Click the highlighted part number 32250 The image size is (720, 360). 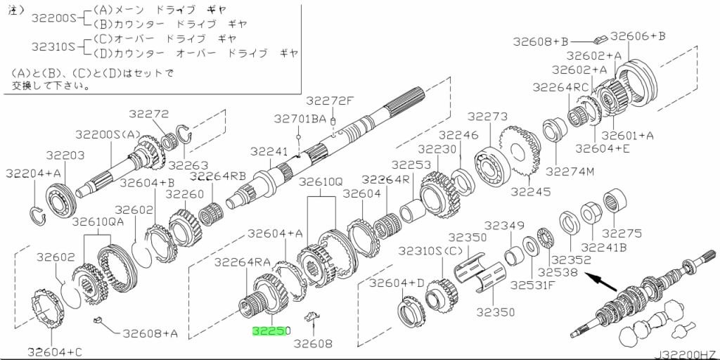click(x=271, y=331)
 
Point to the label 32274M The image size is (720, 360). click(x=570, y=172)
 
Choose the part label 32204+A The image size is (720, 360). click(x=33, y=173)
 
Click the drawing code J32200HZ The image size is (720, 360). click(x=686, y=355)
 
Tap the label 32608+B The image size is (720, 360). click(x=541, y=41)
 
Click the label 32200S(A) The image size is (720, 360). click(x=107, y=134)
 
